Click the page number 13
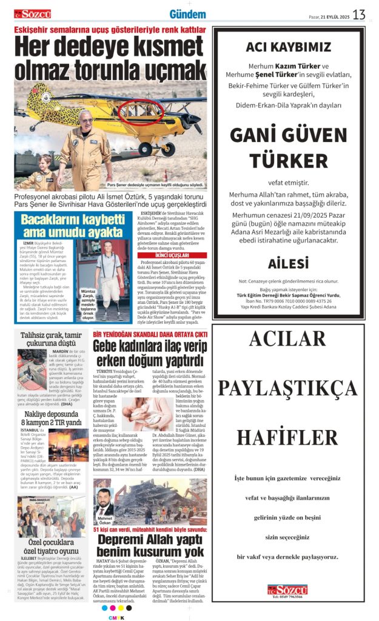coord(359,14)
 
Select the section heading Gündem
coord(187,14)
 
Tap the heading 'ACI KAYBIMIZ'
coord(289,47)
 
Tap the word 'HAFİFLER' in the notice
coord(287,437)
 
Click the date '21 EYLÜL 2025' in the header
coord(335,16)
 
